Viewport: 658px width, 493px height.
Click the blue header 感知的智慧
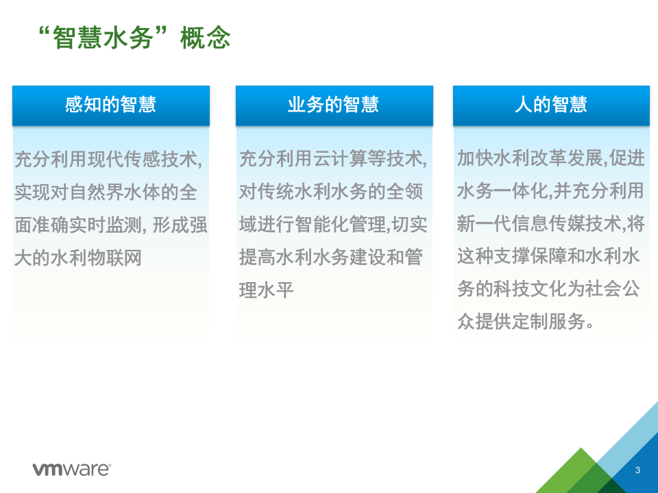(x=110, y=105)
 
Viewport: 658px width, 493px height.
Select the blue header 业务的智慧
(x=334, y=105)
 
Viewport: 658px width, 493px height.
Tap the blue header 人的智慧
(x=551, y=105)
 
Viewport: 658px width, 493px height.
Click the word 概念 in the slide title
(x=205, y=38)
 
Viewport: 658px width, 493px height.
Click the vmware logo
(x=71, y=469)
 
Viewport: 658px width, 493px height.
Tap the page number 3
(x=637, y=470)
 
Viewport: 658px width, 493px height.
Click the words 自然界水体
(x=101, y=193)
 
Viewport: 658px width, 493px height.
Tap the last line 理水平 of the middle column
(x=267, y=290)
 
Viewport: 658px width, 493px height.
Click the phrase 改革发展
(x=570, y=158)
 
